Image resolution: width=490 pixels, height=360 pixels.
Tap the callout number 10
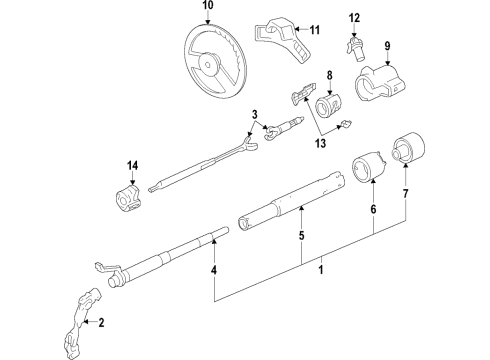click(207, 8)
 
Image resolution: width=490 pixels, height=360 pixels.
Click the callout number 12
click(353, 17)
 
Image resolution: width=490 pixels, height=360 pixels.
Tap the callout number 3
click(255, 115)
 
